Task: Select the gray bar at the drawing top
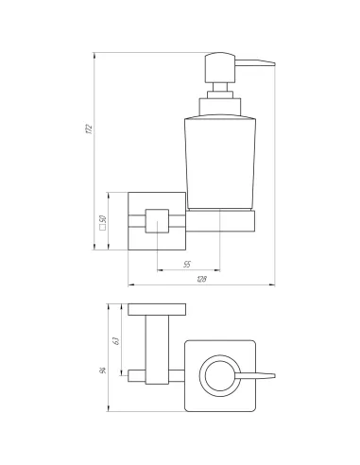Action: tap(159, 47)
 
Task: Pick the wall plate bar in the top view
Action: tap(160, 309)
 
